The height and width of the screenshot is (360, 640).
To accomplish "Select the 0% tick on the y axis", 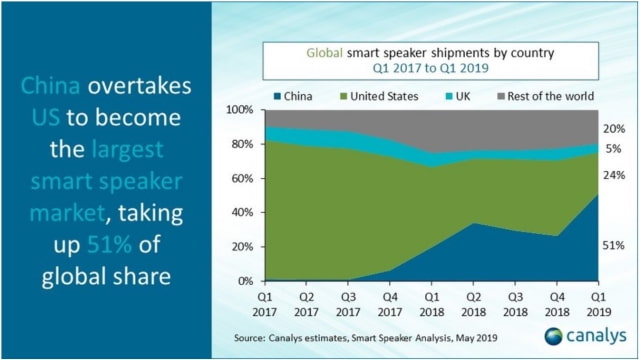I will coord(244,281).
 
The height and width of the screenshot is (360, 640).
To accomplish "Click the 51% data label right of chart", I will coord(615,244).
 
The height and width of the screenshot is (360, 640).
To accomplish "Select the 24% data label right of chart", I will coord(615,175).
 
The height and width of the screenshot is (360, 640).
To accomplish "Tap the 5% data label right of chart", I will coord(615,149).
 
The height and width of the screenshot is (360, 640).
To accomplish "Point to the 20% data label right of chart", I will coord(615,128).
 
